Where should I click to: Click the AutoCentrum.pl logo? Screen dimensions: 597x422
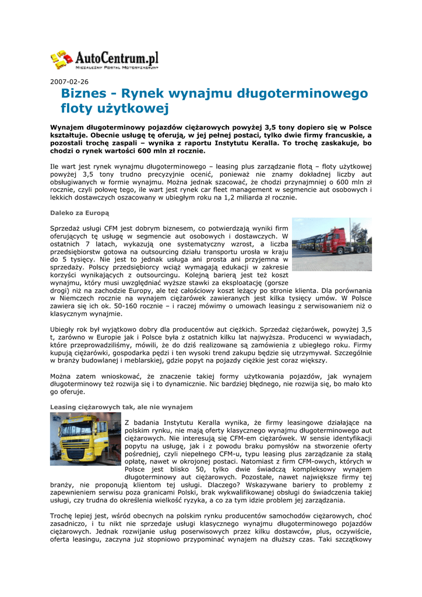105,59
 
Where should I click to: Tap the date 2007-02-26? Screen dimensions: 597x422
69,82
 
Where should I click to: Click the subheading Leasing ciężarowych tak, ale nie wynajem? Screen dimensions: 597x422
121,406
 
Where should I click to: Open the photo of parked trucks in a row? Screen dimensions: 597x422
332,244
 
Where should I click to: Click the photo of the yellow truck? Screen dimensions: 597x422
85,438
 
